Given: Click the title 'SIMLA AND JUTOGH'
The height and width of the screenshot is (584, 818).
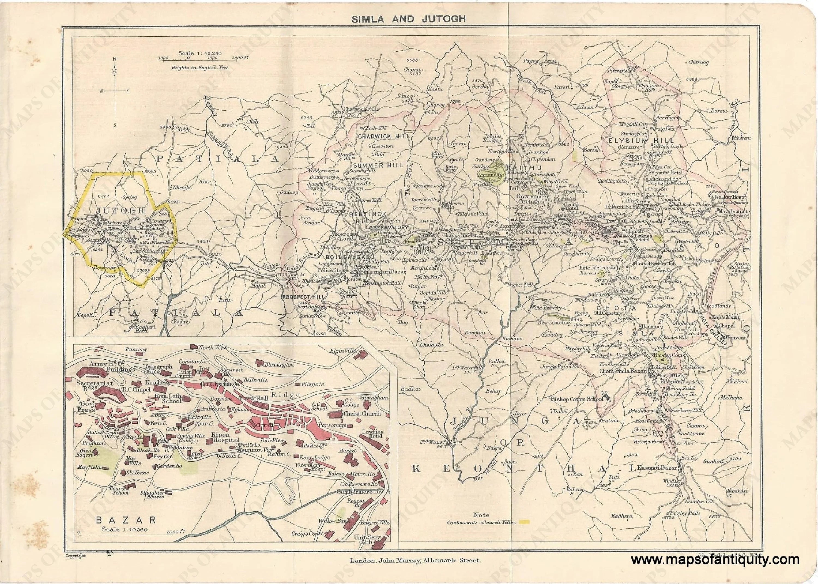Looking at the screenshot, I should [x=409, y=19].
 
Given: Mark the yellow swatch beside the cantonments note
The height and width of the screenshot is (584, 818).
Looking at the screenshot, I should [x=525, y=532].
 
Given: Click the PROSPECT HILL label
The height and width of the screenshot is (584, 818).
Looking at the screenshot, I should [x=303, y=297].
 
